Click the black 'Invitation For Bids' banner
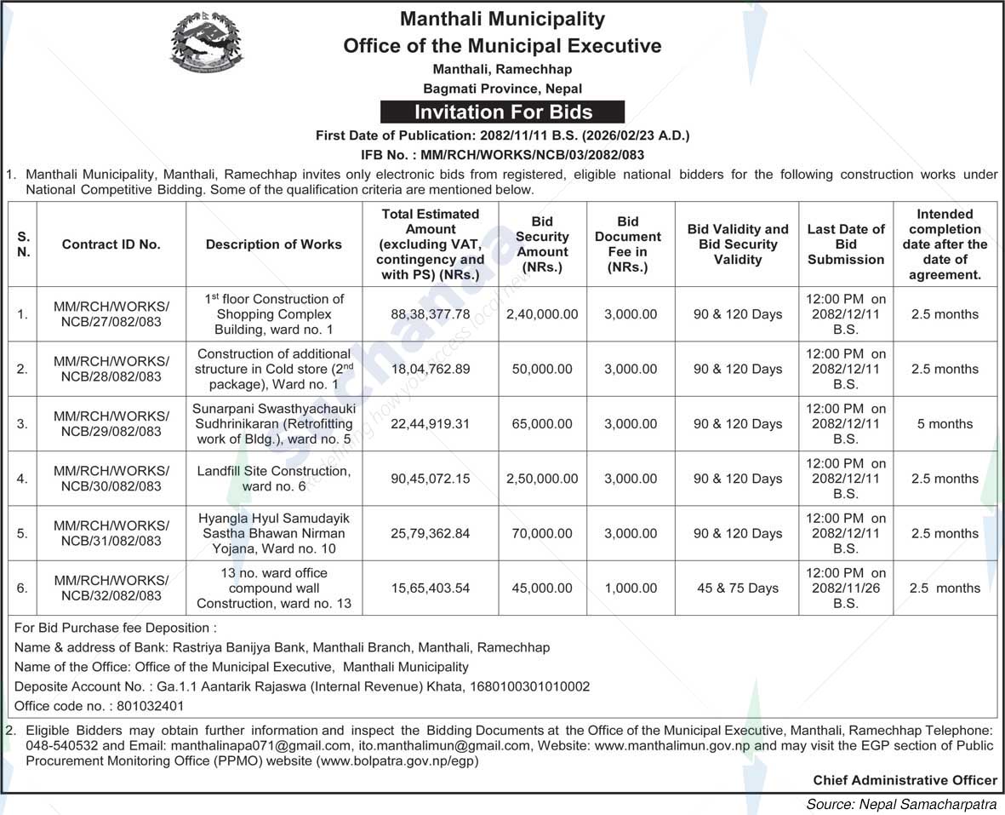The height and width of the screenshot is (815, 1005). tap(502, 112)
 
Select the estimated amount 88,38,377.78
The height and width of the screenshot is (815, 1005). tap(431, 314)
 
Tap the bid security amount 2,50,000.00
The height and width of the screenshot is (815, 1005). tap(542, 479)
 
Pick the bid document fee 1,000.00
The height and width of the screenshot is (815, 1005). tap(631, 588)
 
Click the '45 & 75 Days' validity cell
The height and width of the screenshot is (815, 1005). tap(737, 588)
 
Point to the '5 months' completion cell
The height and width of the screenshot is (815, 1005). tap(945, 423)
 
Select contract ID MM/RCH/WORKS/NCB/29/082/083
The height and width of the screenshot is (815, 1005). tap(111, 423)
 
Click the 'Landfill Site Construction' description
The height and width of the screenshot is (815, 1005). tap(274, 479)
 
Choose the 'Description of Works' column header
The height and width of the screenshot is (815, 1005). tap(274, 244)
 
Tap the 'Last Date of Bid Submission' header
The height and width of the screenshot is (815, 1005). tap(846, 244)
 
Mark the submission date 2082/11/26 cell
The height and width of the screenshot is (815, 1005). tap(846, 588)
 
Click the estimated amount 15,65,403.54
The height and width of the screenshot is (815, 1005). tap(431, 588)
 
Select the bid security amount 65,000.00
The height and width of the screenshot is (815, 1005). tap(542, 423)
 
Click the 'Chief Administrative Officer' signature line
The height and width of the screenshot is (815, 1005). tap(905, 780)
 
